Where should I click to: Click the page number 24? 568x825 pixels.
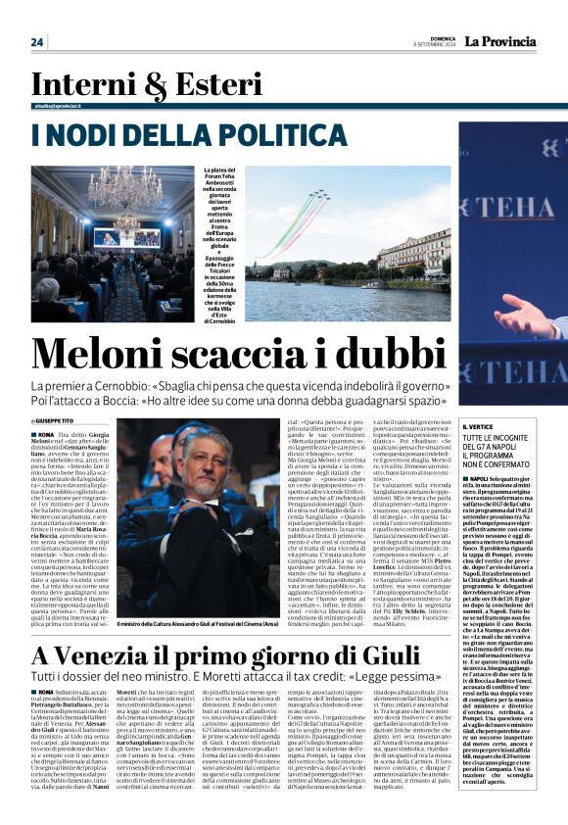[37, 41]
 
